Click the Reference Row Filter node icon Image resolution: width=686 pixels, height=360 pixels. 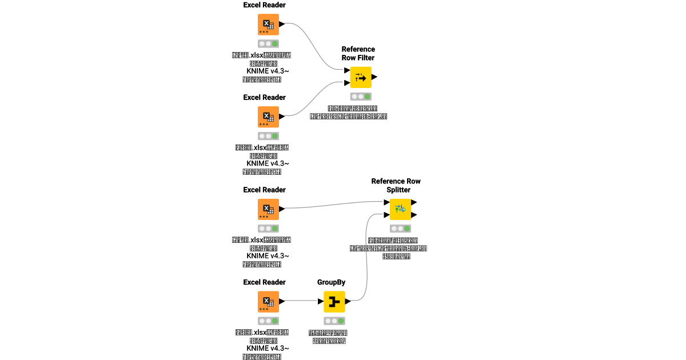(x=361, y=77)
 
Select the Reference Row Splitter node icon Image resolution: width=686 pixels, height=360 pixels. (x=400, y=209)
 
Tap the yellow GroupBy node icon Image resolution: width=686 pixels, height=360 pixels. (x=334, y=301)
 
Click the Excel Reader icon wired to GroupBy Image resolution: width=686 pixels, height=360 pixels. (x=268, y=301)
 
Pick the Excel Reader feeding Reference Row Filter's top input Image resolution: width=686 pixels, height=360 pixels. (x=268, y=25)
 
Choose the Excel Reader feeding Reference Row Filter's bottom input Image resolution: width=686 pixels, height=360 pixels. (x=268, y=117)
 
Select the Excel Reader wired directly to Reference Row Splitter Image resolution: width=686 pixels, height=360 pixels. (x=268, y=209)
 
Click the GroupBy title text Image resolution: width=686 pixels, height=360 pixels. (x=331, y=282)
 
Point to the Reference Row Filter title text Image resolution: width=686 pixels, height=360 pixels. (x=358, y=53)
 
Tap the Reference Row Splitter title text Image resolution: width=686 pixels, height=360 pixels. (x=396, y=185)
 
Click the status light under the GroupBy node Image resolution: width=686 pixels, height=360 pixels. (x=334, y=321)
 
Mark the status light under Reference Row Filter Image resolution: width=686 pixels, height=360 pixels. (x=361, y=97)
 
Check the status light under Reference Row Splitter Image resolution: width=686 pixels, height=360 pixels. (x=400, y=228)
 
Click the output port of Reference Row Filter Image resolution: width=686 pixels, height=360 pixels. (x=374, y=77)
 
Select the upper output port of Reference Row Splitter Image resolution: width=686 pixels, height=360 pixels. (x=414, y=202)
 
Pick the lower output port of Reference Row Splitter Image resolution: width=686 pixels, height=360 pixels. (x=414, y=215)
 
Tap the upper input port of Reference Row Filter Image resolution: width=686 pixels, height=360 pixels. (x=347, y=71)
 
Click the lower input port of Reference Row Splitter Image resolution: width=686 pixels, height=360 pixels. (x=386, y=215)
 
